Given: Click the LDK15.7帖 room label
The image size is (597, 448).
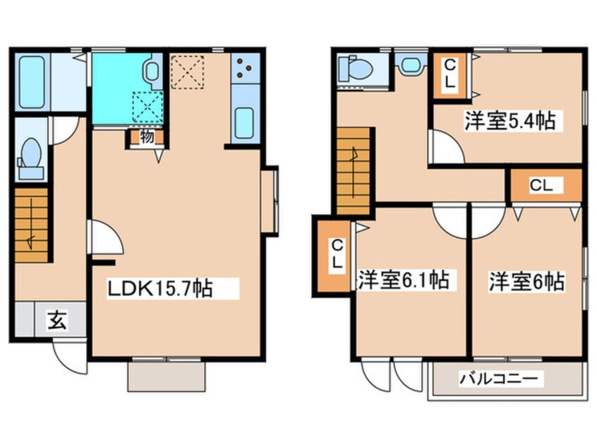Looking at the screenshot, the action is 159,288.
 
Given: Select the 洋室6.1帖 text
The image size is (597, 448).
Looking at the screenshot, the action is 404,281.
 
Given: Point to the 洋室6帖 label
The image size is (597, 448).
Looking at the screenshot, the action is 527,281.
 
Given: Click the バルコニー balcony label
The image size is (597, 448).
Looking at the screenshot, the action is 499,379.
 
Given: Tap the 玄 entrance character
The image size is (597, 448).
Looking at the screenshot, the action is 57,320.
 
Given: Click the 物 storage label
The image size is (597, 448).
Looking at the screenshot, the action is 147,136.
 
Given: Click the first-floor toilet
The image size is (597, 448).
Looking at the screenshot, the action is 30,159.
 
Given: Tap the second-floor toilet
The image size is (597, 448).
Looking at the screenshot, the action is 356,69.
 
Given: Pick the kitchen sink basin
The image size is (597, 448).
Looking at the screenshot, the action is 244,122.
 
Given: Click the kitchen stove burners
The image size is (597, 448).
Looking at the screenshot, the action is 243,66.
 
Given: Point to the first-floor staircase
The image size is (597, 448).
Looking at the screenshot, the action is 32,225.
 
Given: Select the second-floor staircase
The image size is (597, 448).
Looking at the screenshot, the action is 354,171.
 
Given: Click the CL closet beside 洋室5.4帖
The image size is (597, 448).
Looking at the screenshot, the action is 450,75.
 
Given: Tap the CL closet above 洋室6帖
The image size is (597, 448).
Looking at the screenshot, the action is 546,185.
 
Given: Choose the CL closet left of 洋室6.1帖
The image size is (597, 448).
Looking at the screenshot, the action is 334,256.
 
